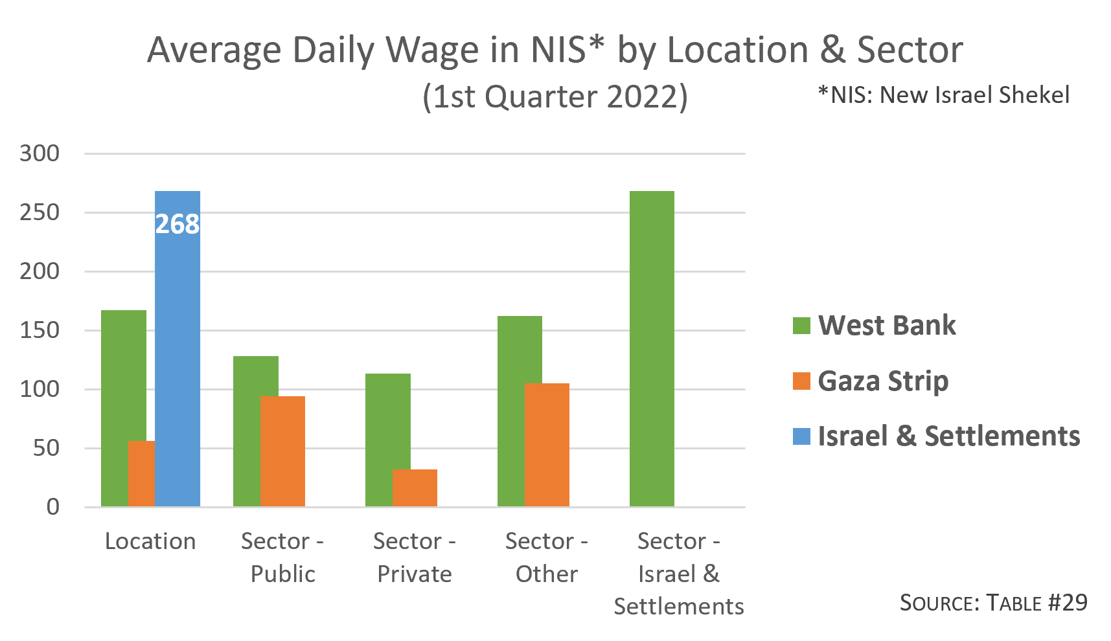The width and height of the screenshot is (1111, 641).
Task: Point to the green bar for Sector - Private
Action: tap(378, 440)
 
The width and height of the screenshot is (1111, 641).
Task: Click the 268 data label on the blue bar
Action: tap(178, 224)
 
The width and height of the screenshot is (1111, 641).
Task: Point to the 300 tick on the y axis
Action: tap(40, 153)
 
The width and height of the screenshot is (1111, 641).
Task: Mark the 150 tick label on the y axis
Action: tap(40, 330)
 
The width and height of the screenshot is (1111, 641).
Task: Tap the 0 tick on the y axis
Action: tap(53, 507)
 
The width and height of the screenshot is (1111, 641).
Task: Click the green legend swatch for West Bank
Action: tap(801, 325)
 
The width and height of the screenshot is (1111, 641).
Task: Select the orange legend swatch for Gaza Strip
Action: tap(801, 381)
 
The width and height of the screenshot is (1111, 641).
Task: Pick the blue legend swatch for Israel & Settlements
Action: tap(801, 436)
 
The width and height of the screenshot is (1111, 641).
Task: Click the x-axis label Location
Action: tap(150, 541)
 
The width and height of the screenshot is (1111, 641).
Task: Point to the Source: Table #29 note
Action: tap(993, 603)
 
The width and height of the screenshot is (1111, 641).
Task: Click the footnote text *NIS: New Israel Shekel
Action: tap(944, 95)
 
